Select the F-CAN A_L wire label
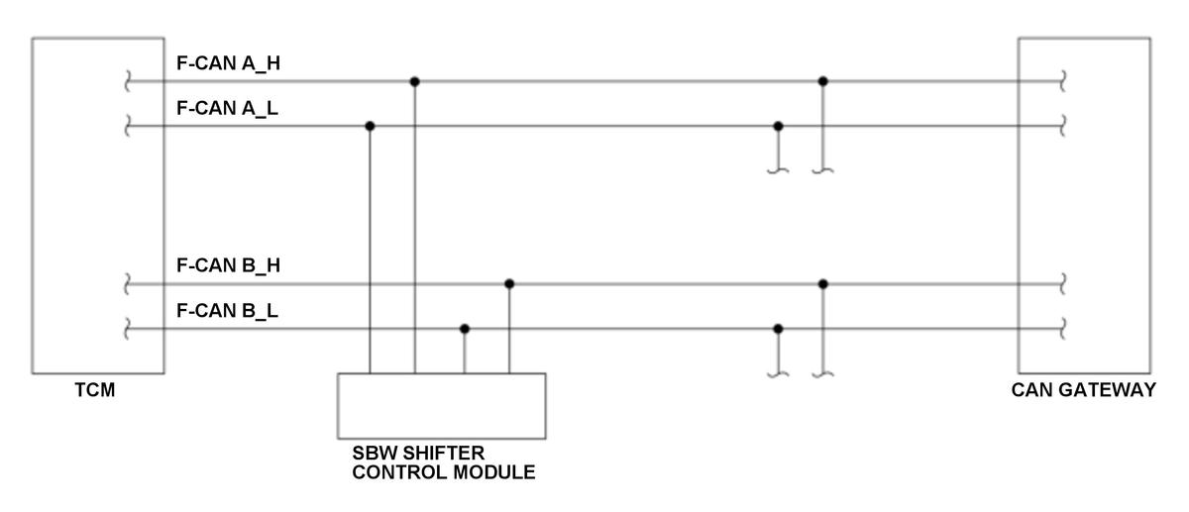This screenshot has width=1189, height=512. tap(227, 108)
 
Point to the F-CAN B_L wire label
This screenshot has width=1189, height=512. tap(227, 311)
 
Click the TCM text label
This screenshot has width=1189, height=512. tap(95, 390)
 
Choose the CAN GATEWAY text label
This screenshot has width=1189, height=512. tap(1083, 390)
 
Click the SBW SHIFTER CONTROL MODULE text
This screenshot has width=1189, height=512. tap(443, 462)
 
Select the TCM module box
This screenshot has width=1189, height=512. tap(98, 205)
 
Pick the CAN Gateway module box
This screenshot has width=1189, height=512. tap(1084, 205)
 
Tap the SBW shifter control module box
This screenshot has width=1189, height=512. tap(441, 406)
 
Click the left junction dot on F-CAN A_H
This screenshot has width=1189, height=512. tap(414, 81)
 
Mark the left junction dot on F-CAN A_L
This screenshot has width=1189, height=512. tap(370, 126)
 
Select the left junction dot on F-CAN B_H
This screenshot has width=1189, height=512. tap(509, 283)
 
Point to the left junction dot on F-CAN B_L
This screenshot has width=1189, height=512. tap(465, 329)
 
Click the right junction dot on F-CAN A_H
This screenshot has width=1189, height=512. tap(822, 81)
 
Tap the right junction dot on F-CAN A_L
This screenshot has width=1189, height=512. tap(778, 126)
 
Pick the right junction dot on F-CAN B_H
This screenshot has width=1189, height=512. tap(822, 283)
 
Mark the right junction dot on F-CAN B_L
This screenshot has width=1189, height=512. tap(778, 329)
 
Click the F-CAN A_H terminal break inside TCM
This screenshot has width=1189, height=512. tap(127, 81)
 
